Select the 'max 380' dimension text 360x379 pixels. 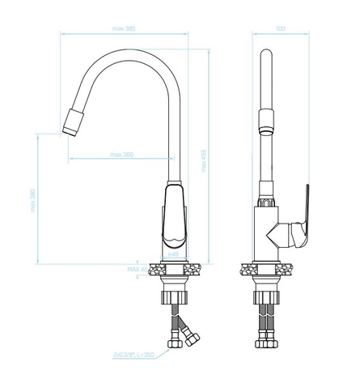(x=122, y=155)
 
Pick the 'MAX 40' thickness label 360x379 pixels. (x=138, y=269)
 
